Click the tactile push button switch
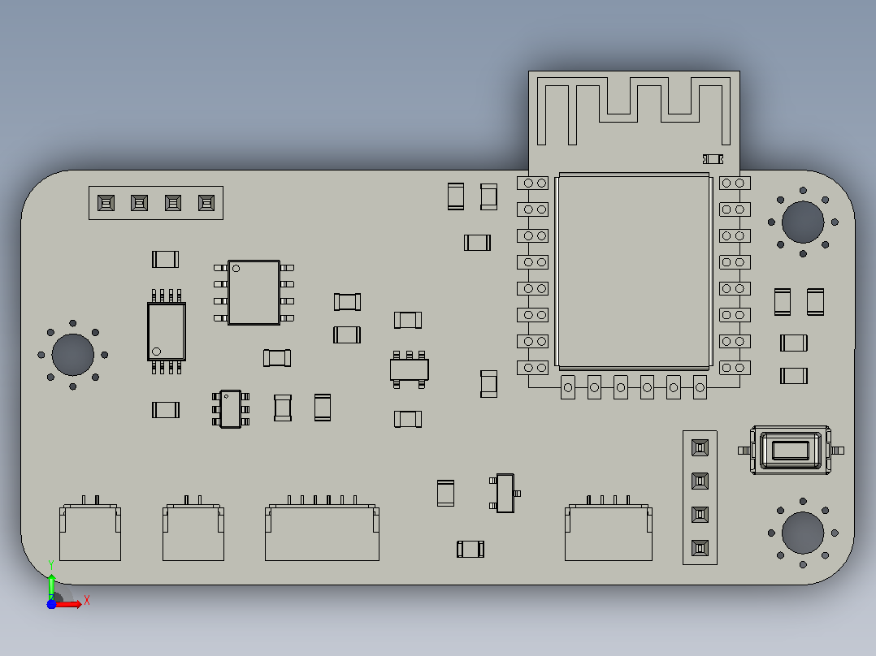[791, 450]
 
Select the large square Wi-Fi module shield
[634, 271]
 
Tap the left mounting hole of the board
[72, 355]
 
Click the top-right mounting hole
[803, 222]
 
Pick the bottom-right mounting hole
[803, 533]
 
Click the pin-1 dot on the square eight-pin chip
[236, 269]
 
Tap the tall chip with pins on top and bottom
[167, 331]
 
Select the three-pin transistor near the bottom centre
[505, 493]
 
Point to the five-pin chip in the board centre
[410, 369]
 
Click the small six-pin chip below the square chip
[231, 409]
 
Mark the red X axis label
[87, 601]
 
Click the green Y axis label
[51, 565]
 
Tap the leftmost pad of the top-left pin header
[106, 203]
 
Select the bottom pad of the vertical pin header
[700, 548]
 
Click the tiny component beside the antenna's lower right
[713, 159]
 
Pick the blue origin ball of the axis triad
[51, 604]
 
